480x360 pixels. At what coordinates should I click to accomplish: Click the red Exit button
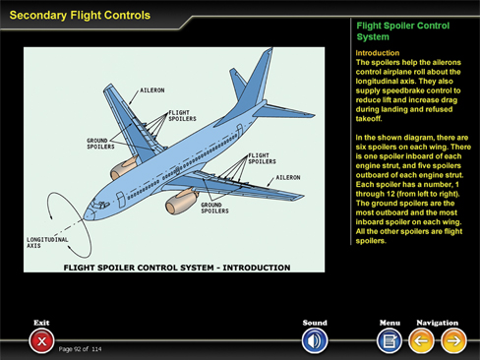point(41,341)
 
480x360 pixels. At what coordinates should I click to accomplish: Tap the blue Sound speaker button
point(315,341)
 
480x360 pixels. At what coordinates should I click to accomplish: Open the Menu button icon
point(390,341)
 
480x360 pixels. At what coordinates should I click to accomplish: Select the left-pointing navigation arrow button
point(421,341)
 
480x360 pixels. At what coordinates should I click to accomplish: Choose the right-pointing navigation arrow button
point(453,341)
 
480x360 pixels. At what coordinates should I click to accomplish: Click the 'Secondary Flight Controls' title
point(80,16)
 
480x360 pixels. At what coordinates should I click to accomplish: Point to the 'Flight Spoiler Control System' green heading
point(403,31)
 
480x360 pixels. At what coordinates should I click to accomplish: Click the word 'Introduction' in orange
point(378,53)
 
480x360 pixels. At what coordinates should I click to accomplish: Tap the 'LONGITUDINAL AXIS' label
point(47,243)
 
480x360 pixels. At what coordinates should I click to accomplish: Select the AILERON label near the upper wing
point(152,90)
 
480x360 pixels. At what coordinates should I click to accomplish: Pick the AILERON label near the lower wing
point(288,177)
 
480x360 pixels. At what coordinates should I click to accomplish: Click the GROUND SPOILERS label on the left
point(100,144)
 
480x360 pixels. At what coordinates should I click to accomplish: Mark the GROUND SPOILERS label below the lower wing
point(214,208)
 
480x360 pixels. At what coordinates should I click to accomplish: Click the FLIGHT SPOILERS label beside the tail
point(262,158)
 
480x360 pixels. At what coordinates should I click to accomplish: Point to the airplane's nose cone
point(88,213)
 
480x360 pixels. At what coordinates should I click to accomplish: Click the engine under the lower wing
point(181,202)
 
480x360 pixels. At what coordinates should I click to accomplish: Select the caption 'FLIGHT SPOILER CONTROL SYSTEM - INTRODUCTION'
point(177,268)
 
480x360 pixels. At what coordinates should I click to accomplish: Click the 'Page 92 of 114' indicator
point(80,349)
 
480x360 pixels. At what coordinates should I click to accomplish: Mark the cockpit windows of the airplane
point(100,205)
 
